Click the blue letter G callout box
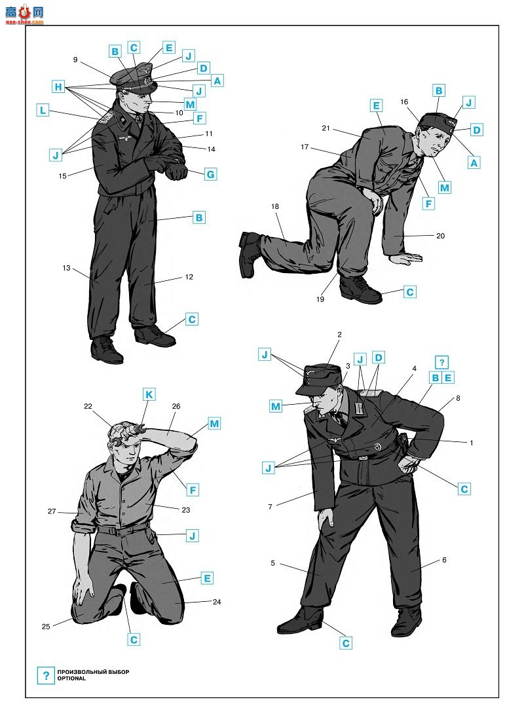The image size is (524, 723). [x=210, y=174]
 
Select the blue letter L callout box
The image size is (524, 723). [x=43, y=111]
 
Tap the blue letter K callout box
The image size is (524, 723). [x=149, y=395]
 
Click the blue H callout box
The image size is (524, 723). [x=58, y=86]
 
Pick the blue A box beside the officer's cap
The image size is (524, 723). [x=217, y=81]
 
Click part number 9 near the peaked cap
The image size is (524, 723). [x=75, y=60]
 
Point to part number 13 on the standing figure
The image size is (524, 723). [x=66, y=268]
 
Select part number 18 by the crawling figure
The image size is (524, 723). [x=275, y=206]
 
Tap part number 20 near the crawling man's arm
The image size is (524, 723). [x=441, y=236]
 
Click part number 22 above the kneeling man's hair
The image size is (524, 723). [x=88, y=406]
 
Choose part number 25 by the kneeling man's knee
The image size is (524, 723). [x=46, y=626]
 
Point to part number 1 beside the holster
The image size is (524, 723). [x=472, y=443]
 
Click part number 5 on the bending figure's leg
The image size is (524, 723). [x=272, y=563]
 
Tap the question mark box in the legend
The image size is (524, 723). [x=46, y=676]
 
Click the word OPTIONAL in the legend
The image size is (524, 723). [x=71, y=678]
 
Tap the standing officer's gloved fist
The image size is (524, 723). [x=177, y=172]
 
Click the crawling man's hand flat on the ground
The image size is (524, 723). [x=406, y=258]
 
